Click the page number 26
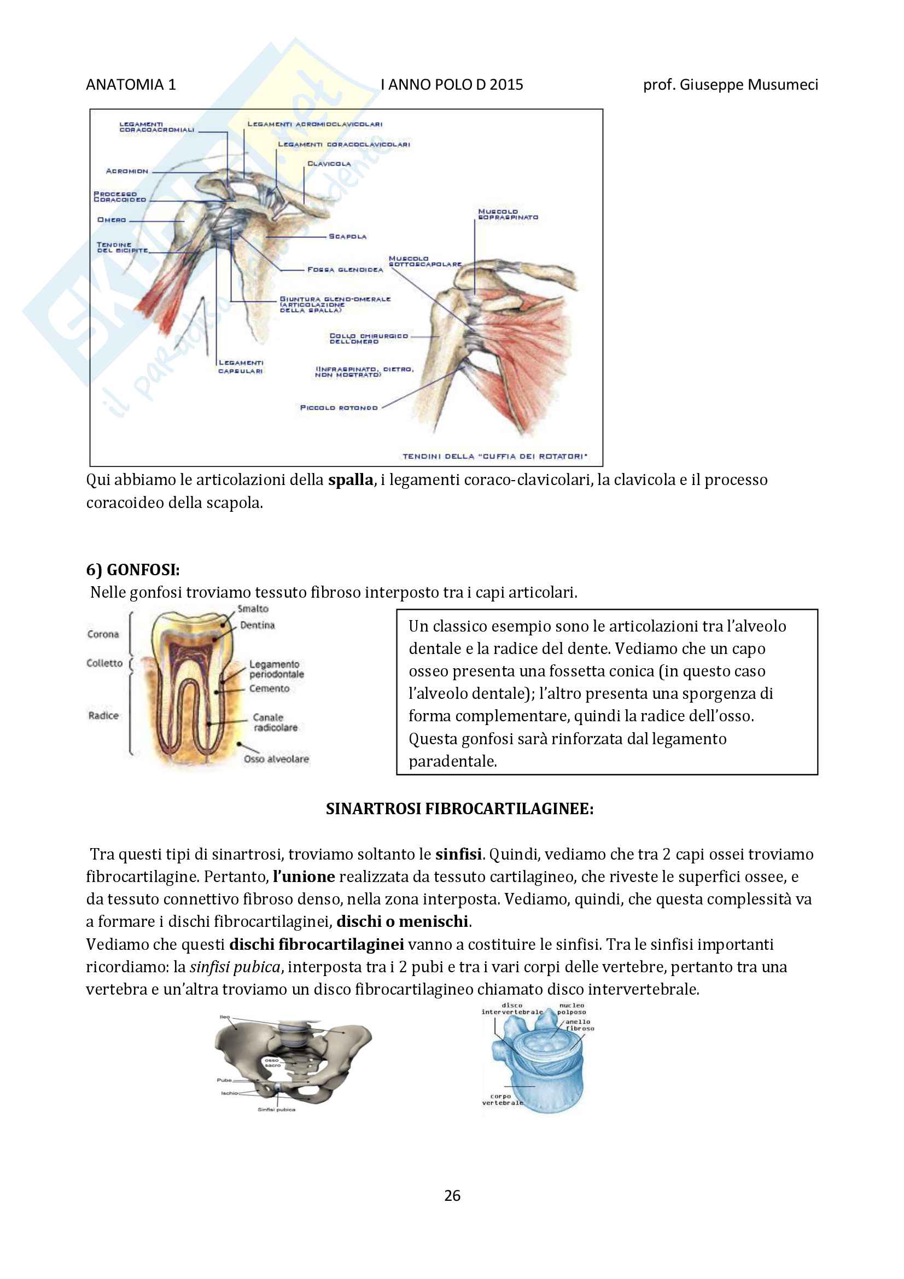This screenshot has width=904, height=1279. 452,1195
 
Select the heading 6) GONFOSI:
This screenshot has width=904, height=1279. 132,569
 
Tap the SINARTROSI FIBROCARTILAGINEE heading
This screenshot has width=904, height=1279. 459,808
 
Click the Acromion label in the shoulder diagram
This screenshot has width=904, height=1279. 127,171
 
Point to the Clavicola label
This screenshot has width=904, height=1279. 329,164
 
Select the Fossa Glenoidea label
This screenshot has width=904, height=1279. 345,270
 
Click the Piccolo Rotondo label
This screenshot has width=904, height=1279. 339,408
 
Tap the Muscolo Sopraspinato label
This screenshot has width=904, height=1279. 508,214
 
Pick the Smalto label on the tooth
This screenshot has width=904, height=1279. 253,609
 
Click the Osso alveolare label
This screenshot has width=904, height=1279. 276,759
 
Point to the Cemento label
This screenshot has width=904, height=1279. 269,688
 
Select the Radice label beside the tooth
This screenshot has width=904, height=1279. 103,715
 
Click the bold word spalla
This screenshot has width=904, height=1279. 351,480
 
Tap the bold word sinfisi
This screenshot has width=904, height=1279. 458,854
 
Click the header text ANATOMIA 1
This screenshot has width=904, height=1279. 131,85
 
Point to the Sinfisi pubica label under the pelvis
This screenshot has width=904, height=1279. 276,1109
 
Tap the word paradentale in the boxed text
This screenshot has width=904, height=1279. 452,761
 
